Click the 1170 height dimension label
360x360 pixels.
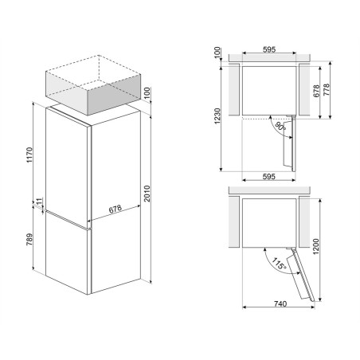pos(29,155)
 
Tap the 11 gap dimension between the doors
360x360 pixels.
pos(39,202)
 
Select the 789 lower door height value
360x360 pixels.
pos(29,240)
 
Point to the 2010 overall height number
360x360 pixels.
pos(147,194)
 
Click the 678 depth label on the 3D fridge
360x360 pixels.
pos(115,209)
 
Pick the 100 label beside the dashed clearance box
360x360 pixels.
pos(147,93)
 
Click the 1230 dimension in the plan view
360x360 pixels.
pos(217,116)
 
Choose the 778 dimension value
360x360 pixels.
pos(327,90)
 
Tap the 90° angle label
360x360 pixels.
pos(280,127)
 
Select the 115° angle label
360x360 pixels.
pos(279,264)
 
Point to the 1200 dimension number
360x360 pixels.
pos(315,246)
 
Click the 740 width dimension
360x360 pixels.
pos(280,303)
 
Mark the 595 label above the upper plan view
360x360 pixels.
pos(269,49)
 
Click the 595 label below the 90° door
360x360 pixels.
pos(269,177)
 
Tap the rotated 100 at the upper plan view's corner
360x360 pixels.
pos(217,53)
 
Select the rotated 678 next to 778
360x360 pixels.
pos(316,91)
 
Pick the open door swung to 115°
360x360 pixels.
pos(302,274)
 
